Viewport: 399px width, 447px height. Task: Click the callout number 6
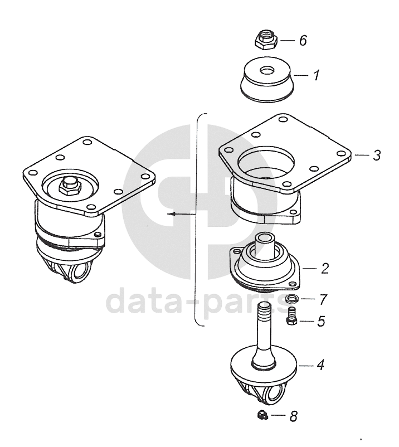[303, 40]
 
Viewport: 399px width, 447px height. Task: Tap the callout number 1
[316, 75]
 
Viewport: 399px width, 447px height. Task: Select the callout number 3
[377, 156]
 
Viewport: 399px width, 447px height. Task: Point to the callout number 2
[325, 268]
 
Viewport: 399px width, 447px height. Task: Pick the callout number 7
[323, 299]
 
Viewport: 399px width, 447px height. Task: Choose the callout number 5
[321, 321]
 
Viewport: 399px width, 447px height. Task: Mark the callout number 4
[320, 365]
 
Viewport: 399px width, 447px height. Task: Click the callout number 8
[294, 416]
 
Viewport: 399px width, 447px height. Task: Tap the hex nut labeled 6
[266, 39]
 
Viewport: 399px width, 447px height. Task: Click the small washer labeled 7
[292, 299]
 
